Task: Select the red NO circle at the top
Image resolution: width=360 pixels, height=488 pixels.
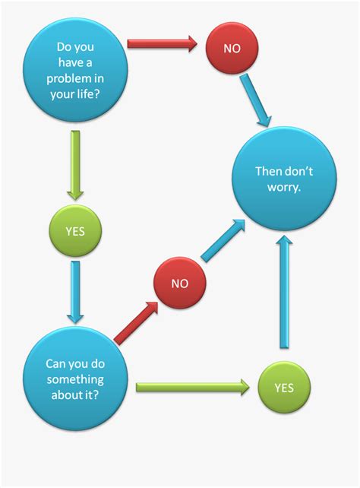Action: click(232, 47)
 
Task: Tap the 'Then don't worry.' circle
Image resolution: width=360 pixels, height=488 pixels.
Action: click(283, 179)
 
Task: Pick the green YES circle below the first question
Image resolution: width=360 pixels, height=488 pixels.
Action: click(74, 229)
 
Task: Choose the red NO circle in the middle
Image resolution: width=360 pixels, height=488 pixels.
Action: click(179, 284)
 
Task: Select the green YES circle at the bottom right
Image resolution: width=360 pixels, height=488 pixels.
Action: click(283, 388)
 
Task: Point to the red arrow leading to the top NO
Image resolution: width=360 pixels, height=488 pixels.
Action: click(162, 44)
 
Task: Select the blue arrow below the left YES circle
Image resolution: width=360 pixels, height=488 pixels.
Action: click(75, 291)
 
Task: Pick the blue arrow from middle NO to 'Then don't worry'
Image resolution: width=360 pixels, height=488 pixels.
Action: click(224, 242)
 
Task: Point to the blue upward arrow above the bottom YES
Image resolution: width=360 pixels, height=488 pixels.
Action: click(285, 293)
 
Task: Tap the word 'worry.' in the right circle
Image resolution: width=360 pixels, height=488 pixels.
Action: click(283, 188)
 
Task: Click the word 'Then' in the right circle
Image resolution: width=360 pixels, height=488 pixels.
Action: click(265, 172)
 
